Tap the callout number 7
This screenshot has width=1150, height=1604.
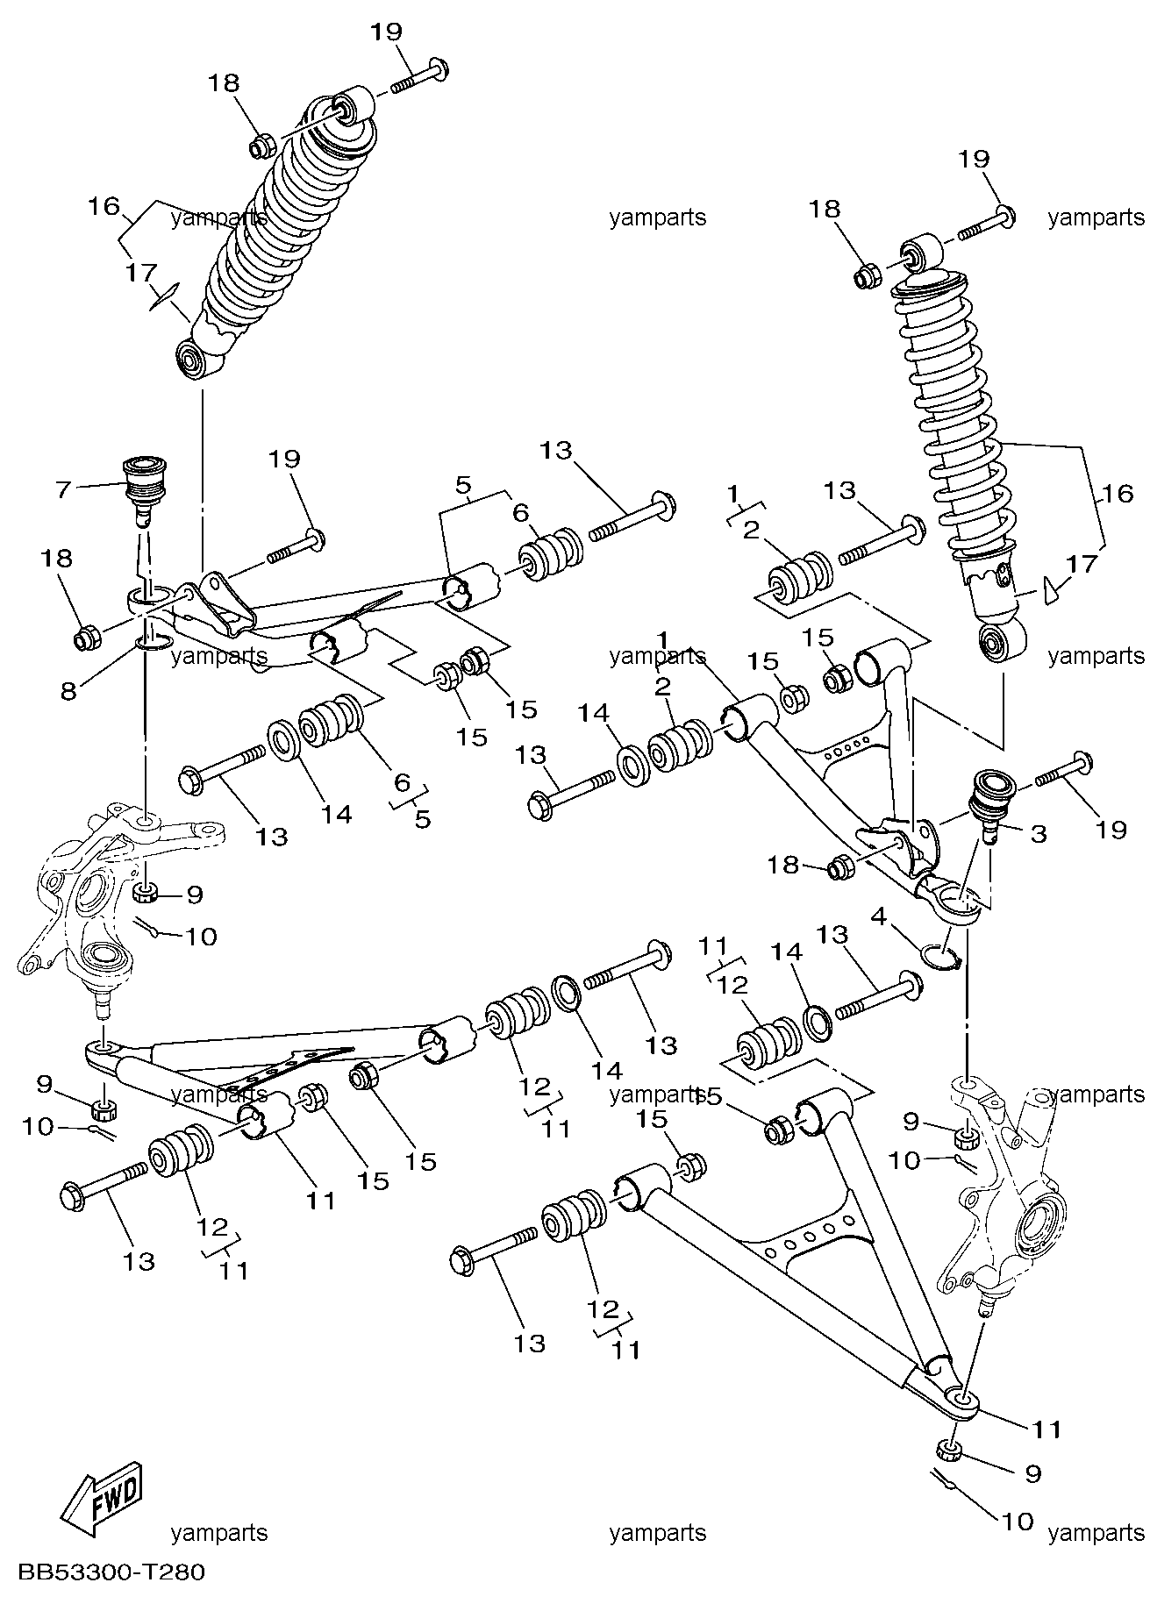pyautogui.click(x=61, y=488)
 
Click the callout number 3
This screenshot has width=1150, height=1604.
pyautogui.click(x=1039, y=833)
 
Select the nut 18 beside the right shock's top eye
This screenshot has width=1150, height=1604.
pyautogui.click(x=867, y=276)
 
